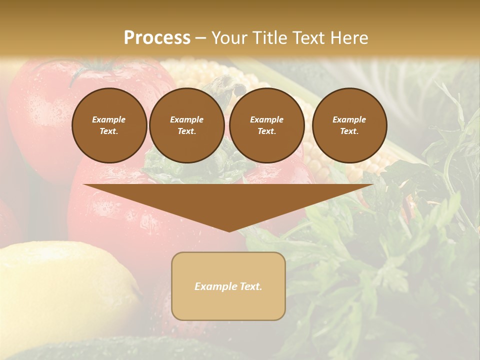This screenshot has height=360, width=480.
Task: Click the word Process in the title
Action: click(x=157, y=38)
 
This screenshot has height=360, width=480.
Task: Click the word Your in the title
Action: click(x=228, y=38)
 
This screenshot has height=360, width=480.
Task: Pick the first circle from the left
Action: click(x=109, y=125)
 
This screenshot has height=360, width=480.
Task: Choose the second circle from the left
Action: click(x=187, y=125)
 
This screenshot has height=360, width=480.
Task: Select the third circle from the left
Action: click(x=267, y=125)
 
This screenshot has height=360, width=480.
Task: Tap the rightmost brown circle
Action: click(x=349, y=125)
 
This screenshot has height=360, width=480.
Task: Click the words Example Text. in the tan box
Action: click(x=228, y=286)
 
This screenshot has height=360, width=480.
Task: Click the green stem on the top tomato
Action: click(x=95, y=70)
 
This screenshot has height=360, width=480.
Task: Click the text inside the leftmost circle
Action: click(x=109, y=125)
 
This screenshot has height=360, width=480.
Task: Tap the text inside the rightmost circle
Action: click(x=349, y=125)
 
